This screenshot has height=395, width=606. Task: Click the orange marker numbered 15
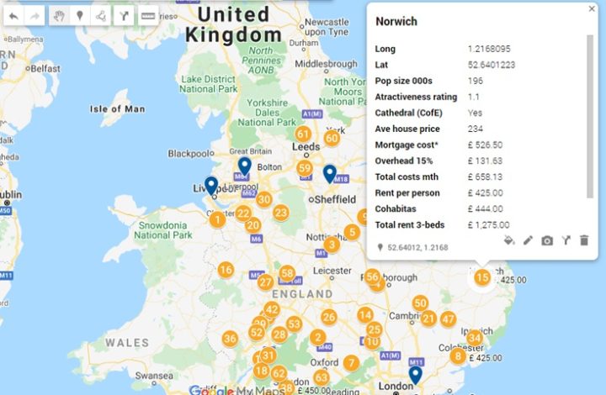click(482, 276)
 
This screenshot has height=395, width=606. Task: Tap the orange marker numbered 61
click(303, 134)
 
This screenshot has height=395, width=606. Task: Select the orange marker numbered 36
click(230, 339)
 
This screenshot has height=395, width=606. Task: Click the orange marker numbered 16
click(226, 270)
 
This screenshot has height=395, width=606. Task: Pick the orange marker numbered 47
click(448, 319)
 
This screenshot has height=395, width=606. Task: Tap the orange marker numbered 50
click(420, 303)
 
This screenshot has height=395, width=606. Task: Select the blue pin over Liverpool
click(211, 185)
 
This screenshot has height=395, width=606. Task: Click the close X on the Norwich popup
click(592, 9)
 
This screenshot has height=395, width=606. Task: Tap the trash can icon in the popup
click(584, 240)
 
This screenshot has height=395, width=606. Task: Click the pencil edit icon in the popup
click(528, 240)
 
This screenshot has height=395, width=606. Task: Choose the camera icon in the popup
click(547, 240)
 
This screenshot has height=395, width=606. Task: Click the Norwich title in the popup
click(396, 21)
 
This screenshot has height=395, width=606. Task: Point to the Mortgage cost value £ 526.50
click(486, 145)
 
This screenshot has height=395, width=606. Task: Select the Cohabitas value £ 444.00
click(486, 208)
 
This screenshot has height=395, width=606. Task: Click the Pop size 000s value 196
click(476, 81)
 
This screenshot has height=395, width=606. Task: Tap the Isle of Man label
click(117, 108)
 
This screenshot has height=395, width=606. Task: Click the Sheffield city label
click(332, 200)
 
